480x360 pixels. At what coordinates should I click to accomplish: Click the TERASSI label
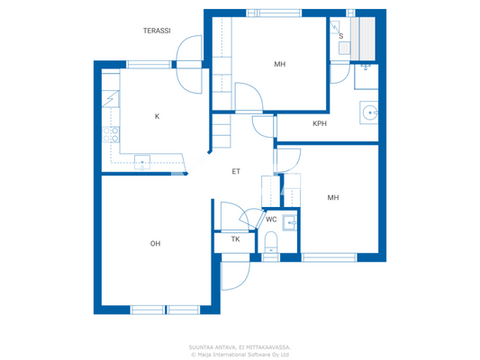click(x=157, y=31)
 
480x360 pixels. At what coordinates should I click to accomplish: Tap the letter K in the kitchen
click(x=157, y=116)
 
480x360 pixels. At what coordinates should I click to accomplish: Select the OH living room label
click(x=155, y=244)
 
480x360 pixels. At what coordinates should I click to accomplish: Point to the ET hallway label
click(x=236, y=171)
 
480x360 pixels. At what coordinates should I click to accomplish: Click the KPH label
click(x=319, y=123)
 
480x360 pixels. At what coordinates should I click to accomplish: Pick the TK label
click(x=235, y=239)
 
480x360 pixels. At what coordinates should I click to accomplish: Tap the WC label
click(x=271, y=220)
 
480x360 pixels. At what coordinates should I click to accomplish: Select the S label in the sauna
click(x=340, y=36)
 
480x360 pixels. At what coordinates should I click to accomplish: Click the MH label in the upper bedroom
click(x=280, y=64)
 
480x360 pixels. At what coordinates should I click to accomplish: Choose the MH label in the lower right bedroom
click(x=333, y=198)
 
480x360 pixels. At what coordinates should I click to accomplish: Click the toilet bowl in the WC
click(x=271, y=240)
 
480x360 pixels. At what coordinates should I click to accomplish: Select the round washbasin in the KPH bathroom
click(x=370, y=112)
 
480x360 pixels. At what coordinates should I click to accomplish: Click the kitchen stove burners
click(x=113, y=135)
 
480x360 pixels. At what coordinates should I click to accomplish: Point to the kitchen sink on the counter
click(x=142, y=162)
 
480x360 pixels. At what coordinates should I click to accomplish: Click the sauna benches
click(x=367, y=37)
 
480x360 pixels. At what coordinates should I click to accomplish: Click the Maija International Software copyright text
click(x=240, y=354)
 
